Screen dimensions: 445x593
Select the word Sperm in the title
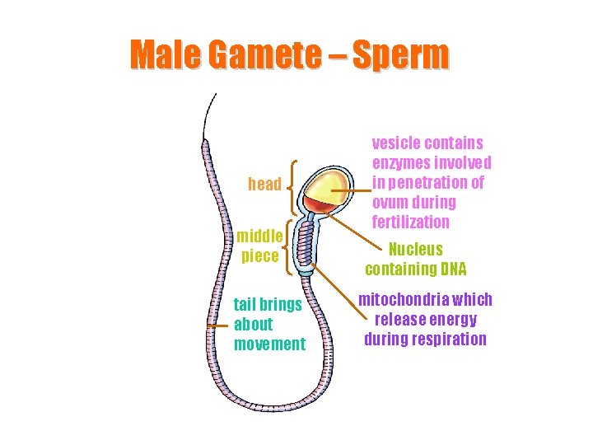click(x=404, y=55)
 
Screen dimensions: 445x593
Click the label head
click(x=264, y=185)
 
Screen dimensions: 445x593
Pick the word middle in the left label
click(x=260, y=237)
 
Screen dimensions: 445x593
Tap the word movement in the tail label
click(x=269, y=344)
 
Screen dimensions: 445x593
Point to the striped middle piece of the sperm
click(x=306, y=245)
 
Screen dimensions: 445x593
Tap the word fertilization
click(x=410, y=222)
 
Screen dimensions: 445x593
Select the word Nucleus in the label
click(x=415, y=250)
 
